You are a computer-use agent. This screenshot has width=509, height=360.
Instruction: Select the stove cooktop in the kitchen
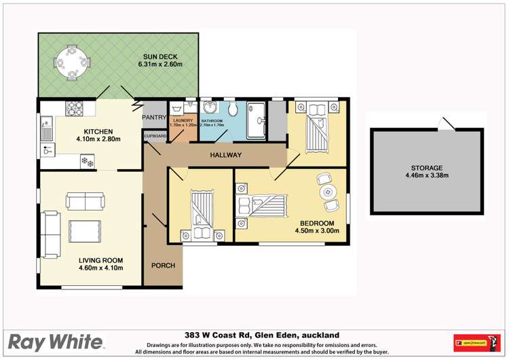(x=74, y=107)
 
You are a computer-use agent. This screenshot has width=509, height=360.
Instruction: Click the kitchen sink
(x=46, y=126)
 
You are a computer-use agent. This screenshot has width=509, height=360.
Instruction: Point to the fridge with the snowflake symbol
(x=88, y=160)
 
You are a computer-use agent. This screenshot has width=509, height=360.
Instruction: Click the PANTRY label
(x=153, y=118)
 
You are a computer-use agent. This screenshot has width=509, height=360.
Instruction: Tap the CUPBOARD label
(x=155, y=136)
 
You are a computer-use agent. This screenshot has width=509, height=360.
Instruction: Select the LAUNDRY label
(x=183, y=120)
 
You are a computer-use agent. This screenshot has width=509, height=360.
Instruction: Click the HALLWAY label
(x=225, y=156)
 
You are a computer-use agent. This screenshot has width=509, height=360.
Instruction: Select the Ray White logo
(x=56, y=342)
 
